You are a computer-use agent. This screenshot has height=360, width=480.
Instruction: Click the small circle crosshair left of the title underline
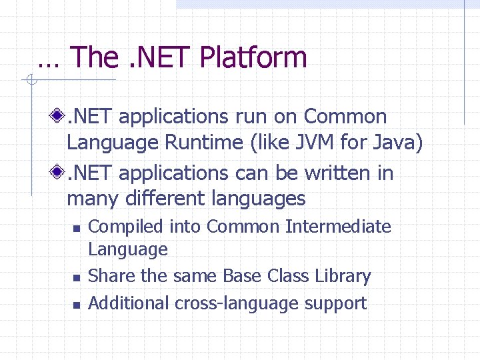tap(30, 81)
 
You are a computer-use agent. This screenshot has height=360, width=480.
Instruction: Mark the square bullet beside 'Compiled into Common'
tap(76, 229)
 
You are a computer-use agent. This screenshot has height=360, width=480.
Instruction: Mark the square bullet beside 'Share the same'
tap(76, 277)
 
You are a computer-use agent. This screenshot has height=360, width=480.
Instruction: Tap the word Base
tap(243, 276)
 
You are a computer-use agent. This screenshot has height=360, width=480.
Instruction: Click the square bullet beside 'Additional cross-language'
tap(76, 305)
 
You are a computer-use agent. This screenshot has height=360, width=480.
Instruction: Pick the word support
tap(335, 304)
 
